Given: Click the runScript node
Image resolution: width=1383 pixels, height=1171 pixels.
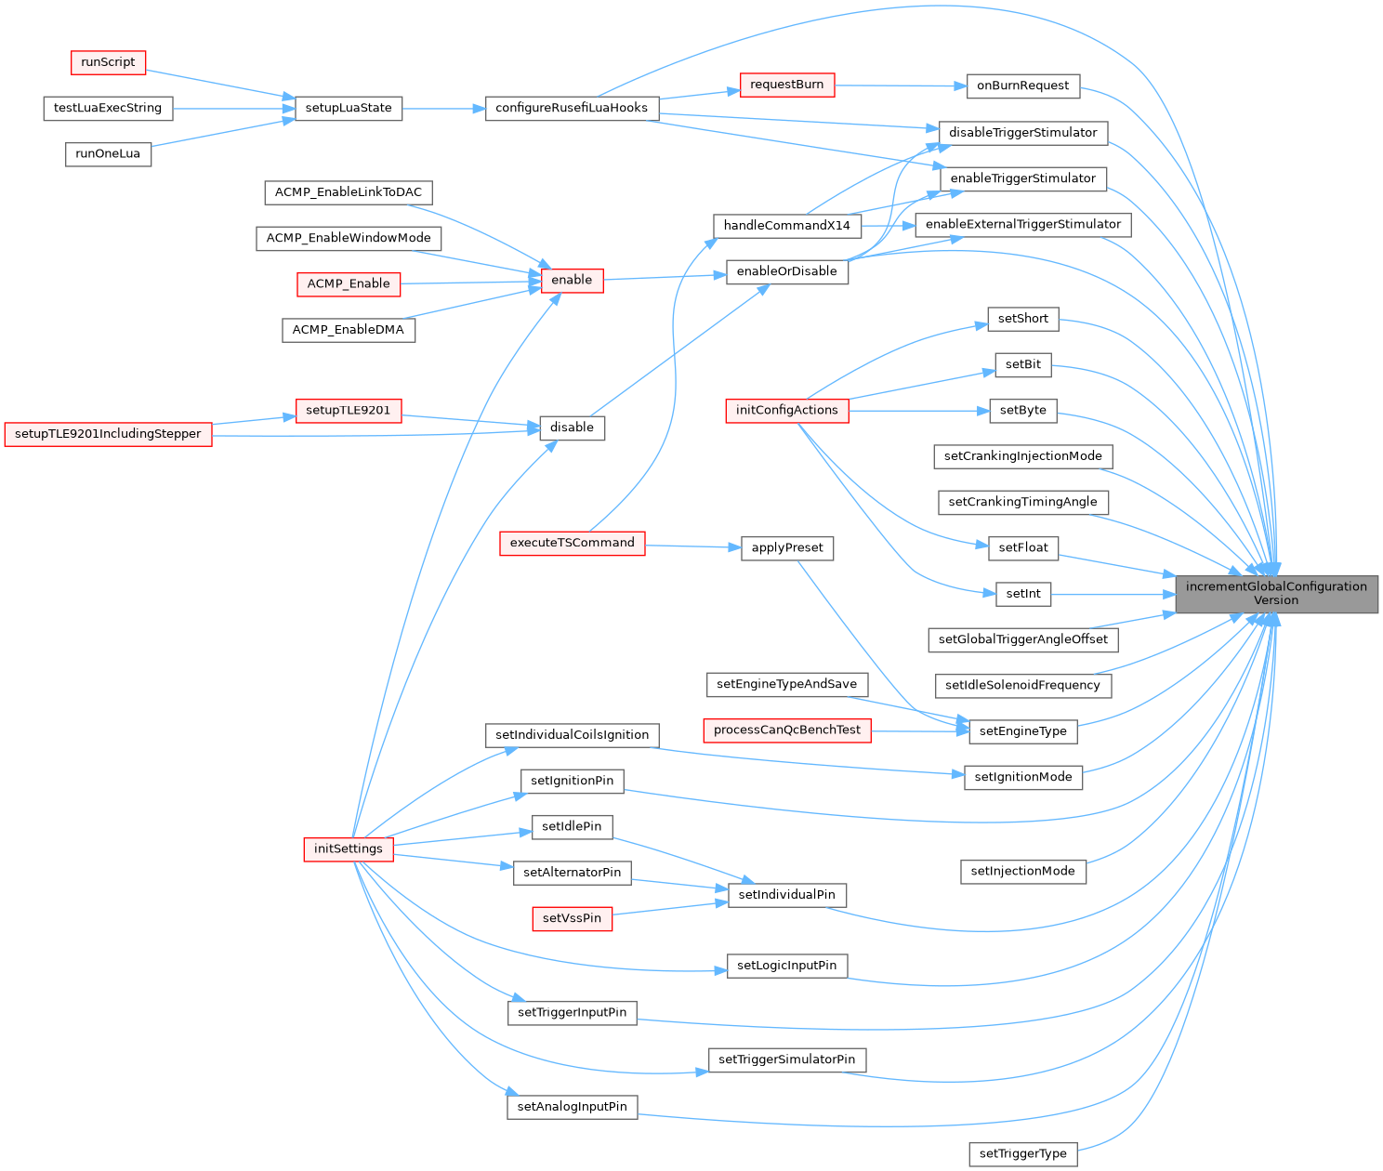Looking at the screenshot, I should coord(109,62).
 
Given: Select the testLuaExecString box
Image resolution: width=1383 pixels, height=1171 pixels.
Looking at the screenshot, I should coord(108,108).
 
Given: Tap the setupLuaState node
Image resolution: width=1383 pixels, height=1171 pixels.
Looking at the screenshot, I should coord(349,108).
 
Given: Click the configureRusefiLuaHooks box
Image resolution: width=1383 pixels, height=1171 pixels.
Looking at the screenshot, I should coord(572,108).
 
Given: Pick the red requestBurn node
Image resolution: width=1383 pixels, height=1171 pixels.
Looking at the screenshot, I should coord(786,85).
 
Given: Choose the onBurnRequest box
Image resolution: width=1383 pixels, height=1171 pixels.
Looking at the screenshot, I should coord(1022,86).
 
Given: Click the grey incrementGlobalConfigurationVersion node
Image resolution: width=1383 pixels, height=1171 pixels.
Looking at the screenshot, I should coord(1276,593).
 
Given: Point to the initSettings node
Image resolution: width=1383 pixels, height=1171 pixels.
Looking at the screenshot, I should coord(349,849).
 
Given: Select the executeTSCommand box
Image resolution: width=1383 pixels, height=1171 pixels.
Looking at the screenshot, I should coord(572,543).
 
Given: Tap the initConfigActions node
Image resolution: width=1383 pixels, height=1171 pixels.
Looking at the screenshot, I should coord(786,410).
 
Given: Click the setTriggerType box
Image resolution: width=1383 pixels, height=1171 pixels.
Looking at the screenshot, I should coord(1022,1154).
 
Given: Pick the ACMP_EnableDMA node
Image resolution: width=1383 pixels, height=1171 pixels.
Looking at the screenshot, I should coord(349,330).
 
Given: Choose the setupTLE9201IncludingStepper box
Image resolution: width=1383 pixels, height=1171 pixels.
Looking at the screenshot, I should coord(108,434).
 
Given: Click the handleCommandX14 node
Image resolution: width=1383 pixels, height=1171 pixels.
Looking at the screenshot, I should coord(786,226).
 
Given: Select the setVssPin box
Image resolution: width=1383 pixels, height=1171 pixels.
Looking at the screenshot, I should coord(572,918).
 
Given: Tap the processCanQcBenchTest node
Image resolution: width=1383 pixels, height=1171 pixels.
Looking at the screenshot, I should coord(786,730).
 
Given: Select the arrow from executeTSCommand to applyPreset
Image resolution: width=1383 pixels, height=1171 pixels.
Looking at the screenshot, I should coord(692,546).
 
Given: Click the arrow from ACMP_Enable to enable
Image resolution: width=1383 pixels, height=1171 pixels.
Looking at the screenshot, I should coord(469,283).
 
